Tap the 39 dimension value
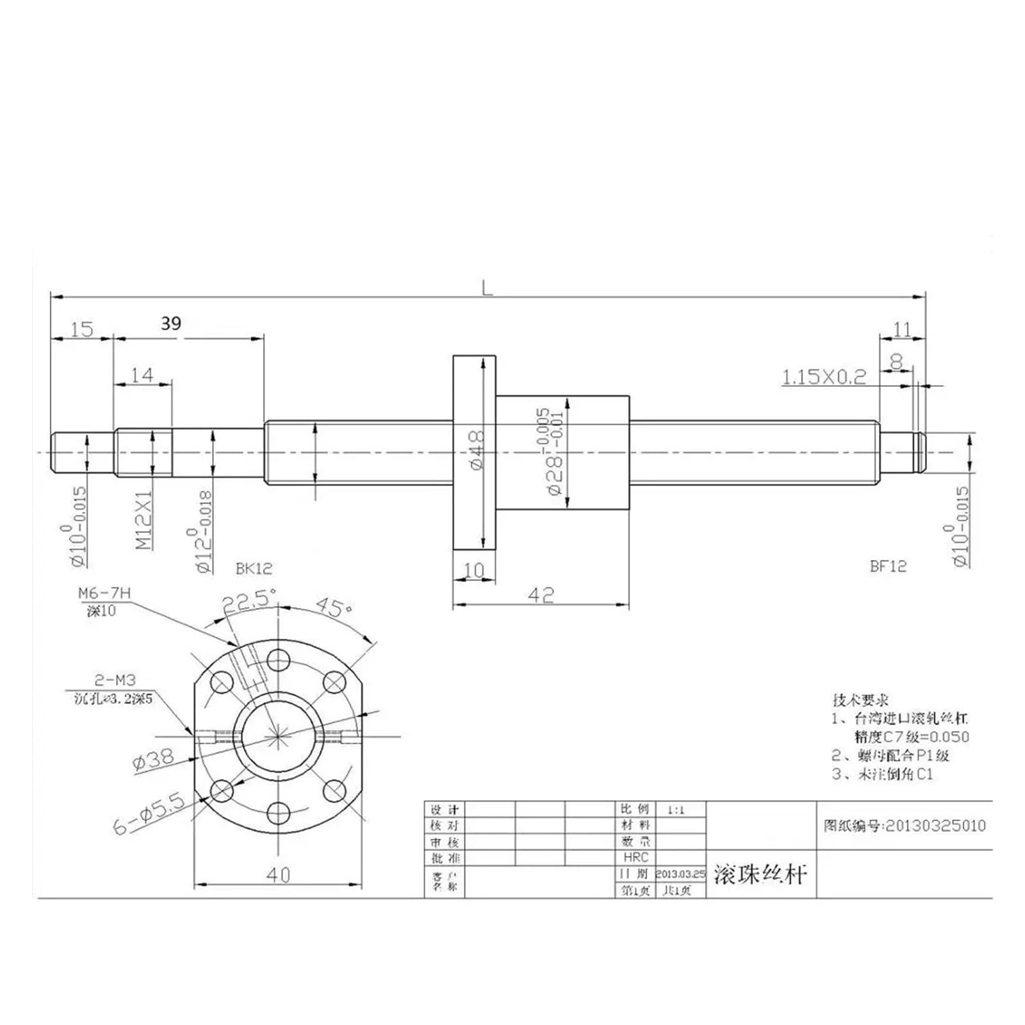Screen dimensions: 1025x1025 pyautogui.click(x=171, y=324)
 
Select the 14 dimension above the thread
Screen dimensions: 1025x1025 pyautogui.click(x=142, y=375)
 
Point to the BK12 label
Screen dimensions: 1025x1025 pyautogui.click(x=254, y=568)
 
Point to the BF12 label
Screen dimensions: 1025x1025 pyautogui.click(x=888, y=566)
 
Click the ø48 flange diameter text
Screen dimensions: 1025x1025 pyautogui.click(x=477, y=450)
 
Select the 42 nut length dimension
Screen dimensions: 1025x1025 pyautogui.click(x=541, y=595)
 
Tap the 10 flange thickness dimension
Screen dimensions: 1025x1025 pyautogui.click(x=473, y=570)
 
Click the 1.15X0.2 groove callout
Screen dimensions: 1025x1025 pyautogui.click(x=823, y=377)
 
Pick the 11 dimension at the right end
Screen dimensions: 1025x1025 pyautogui.click(x=902, y=329)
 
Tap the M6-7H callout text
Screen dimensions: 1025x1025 pyautogui.click(x=104, y=594)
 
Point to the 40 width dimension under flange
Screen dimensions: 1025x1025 pyautogui.click(x=277, y=874)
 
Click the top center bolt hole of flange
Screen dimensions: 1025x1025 pyautogui.click(x=278, y=659)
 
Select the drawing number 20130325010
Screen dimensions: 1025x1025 pyautogui.click(x=935, y=826)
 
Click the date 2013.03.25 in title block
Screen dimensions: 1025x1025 pyautogui.click(x=680, y=874)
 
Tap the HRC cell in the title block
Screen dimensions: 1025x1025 pyautogui.click(x=635, y=857)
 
